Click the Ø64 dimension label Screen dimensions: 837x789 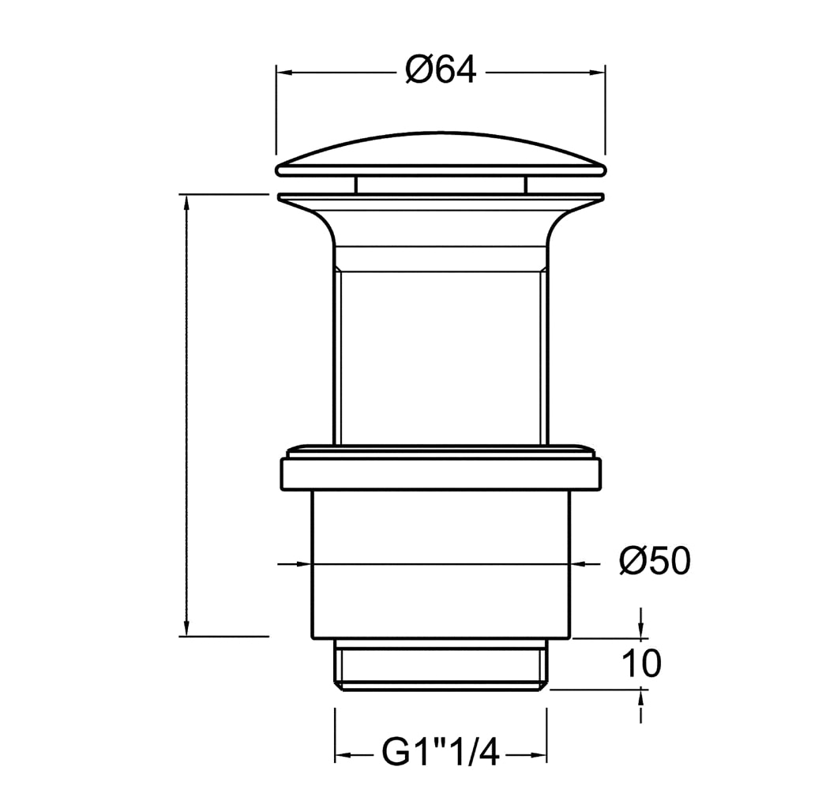point(441,70)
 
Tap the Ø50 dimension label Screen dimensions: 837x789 point(655,561)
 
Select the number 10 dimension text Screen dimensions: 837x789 point(642,664)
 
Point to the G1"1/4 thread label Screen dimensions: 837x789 point(441,753)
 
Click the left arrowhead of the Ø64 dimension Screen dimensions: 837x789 point(283,72)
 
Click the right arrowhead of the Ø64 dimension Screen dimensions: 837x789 point(597,72)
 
